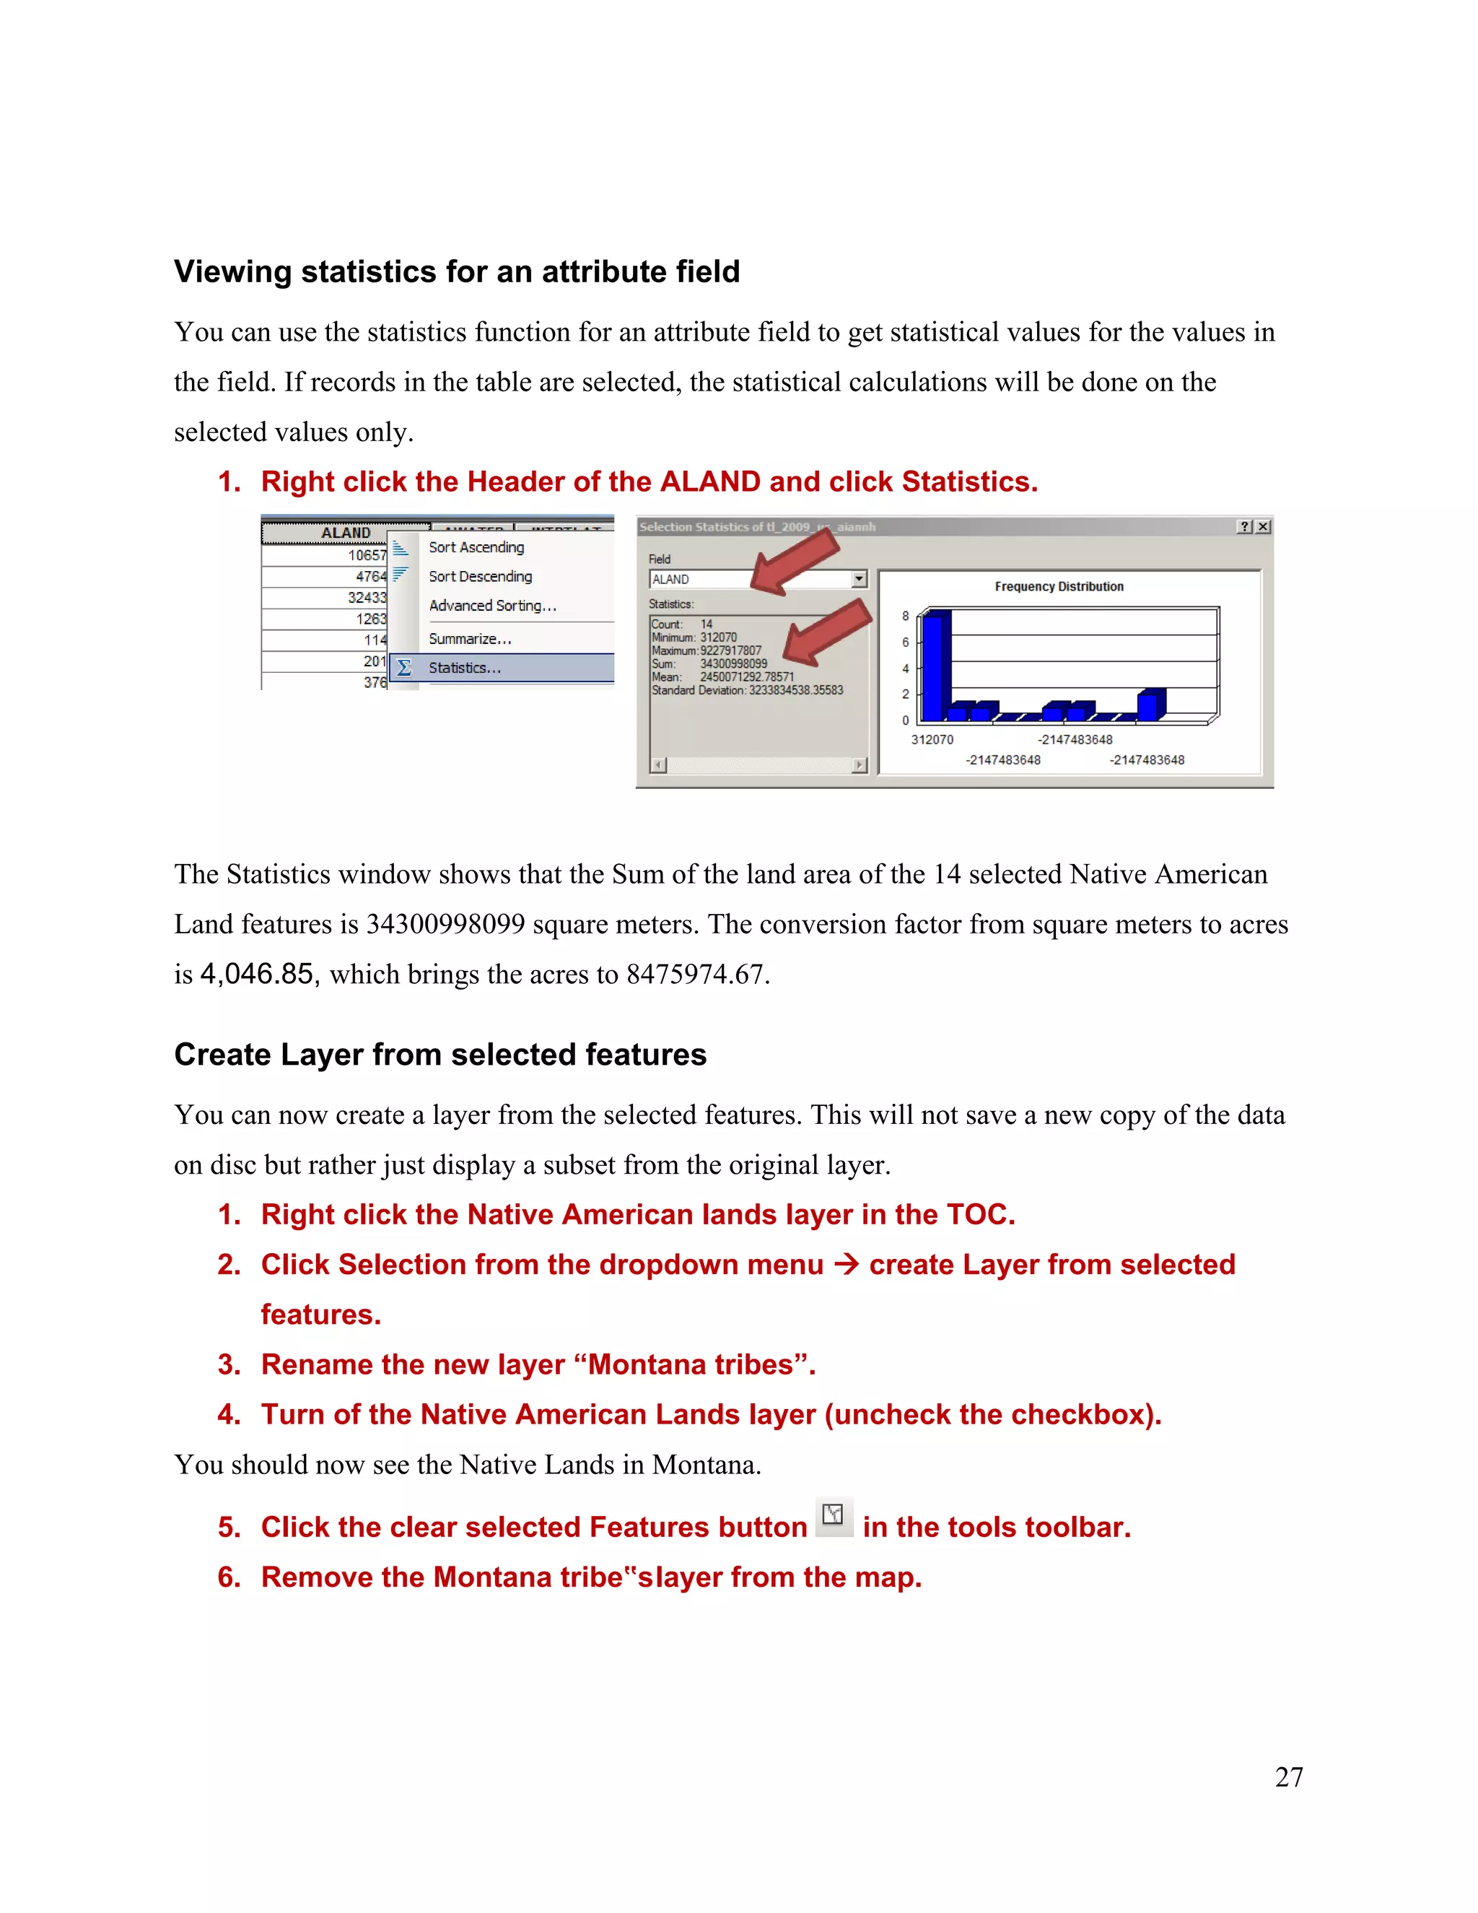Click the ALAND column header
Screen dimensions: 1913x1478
346,533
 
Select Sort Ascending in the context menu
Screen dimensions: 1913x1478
476,547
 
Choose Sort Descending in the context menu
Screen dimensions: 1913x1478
480,576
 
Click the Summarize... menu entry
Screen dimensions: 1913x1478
469,640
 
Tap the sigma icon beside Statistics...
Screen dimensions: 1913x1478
403,668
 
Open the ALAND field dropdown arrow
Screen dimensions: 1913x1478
859,579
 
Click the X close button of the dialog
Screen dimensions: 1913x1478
1263,526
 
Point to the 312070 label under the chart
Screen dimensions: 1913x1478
932,740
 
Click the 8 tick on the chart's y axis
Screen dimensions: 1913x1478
906,616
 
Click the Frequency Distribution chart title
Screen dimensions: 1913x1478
1059,587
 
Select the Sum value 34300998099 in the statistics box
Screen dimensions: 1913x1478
733,664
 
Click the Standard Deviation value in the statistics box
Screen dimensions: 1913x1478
795,690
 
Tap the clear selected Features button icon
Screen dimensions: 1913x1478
834,1515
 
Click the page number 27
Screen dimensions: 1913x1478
1289,1777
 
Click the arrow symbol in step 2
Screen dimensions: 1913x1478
846,1264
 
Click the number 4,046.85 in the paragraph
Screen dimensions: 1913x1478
256,974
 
